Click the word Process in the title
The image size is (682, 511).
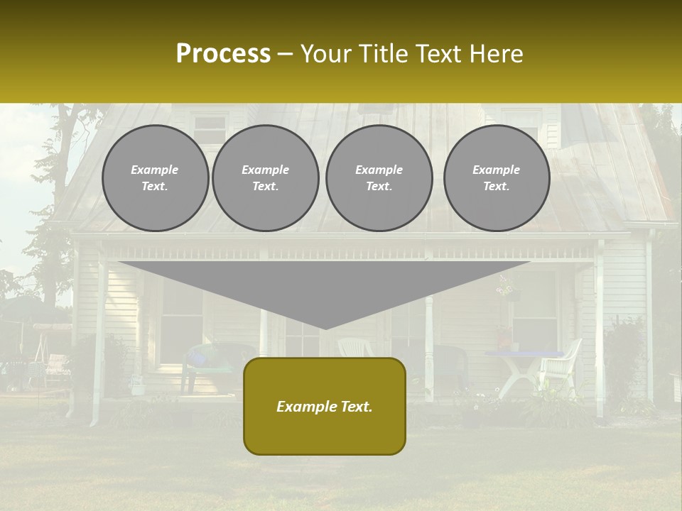coord(223,53)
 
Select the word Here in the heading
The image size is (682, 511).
coord(497,54)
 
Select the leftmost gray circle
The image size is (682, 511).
coord(156,178)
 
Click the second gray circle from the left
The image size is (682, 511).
coord(266,178)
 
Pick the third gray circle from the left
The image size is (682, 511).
coord(379,178)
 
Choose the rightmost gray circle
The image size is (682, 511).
coord(497,178)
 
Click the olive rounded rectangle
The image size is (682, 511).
coord(325,406)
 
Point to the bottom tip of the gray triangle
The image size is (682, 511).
coord(325,328)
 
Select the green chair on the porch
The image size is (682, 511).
coord(213,358)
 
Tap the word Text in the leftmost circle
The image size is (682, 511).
coord(154,187)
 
